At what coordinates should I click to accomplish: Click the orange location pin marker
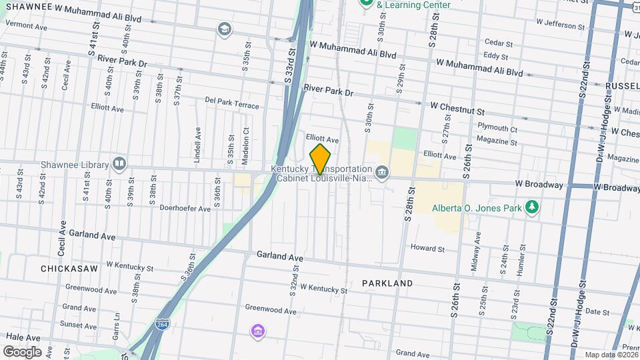pos(320,158)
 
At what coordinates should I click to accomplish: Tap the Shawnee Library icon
pos(119,164)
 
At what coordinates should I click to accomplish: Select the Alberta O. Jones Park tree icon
pos(531,207)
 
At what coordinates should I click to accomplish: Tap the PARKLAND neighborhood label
pos(387,283)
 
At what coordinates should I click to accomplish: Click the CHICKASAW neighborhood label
pos(69,268)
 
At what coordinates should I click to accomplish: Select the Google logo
pos(23,351)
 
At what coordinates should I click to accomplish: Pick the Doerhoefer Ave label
pos(185,208)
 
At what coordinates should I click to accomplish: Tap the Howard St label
pos(427,249)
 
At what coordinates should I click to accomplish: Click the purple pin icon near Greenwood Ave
pos(257,331)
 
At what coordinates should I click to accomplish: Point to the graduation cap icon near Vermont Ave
pos(223,29)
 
